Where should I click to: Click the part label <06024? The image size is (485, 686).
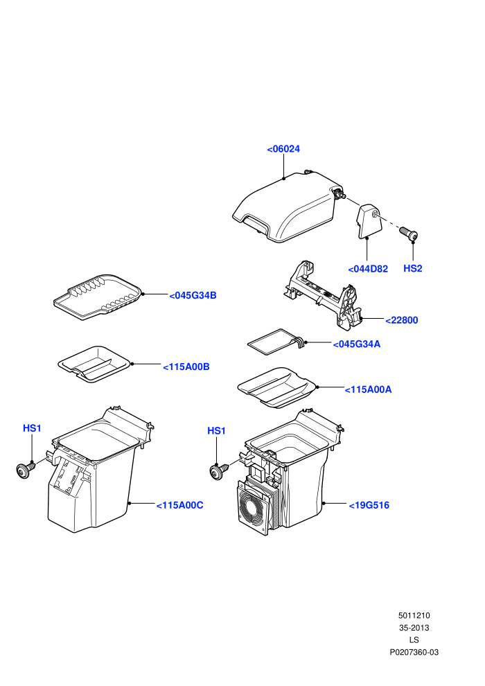coord(283,149)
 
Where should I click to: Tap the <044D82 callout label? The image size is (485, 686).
coord(368,269)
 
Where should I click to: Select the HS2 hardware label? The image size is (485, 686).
coord(412,268)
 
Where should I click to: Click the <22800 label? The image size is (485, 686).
coord(401,320)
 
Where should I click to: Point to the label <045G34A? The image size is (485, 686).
coord(356,344)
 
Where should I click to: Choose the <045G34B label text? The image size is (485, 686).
coord(193,295)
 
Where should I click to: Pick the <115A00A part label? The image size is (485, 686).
coord(368,389)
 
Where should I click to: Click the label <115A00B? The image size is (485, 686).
coord(186,367)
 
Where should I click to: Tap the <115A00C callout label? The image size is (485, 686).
coord(179,505)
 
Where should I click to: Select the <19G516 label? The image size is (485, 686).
coord(369,505)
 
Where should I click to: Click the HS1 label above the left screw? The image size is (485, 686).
coord(32,428)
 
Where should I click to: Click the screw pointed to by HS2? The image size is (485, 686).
coord(409,234)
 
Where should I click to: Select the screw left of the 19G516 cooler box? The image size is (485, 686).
coord(219,471)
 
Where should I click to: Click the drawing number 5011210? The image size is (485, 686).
coord(414,615)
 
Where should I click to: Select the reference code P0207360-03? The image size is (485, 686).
coord(414,652)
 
